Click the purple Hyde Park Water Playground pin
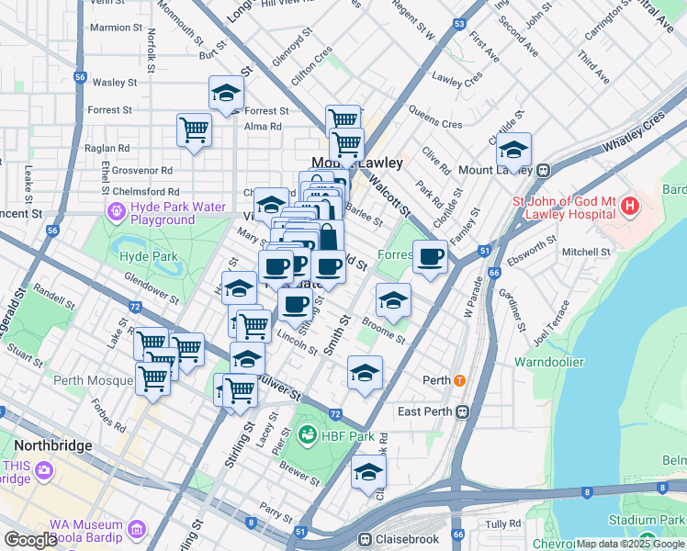(x=116, y=213)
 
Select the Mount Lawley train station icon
(x=544, y=170)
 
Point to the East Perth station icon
(x=464, y=411)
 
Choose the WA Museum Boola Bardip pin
(x=137, y=529)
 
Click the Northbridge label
(x=52, y=445)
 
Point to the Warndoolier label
(x=548, y=362)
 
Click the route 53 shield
(x=459, y=23)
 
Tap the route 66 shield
(x=494, y=273)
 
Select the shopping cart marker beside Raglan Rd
(x=195, y=130)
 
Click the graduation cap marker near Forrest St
(x=226, y=94)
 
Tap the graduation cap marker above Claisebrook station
(x=369, y=473)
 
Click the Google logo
(x=30, y=540)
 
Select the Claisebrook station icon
(x=366, y=539)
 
